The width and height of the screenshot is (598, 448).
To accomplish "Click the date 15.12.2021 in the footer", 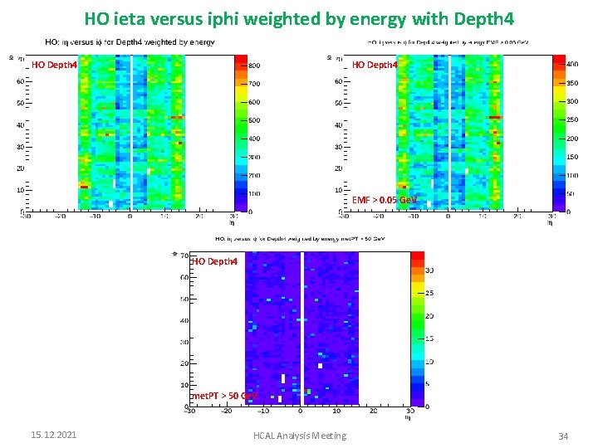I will (x=53, y=436).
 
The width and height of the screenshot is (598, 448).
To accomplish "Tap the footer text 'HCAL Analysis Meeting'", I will (x=301, y=436).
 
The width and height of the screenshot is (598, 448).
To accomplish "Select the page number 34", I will (x=562, y=436).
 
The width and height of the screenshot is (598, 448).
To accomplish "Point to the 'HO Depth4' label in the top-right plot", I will (x=374, y=65).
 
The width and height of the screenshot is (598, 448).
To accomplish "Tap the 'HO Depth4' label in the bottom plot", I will (x=214, y=261).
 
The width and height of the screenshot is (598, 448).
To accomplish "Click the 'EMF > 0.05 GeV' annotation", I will (x=384, y=200).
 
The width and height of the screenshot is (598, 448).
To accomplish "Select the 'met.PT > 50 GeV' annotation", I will (x=223, y=396).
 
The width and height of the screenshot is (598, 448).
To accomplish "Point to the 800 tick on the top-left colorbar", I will (x=256, y=66).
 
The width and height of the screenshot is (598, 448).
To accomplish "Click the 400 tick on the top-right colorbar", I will (x=572, y=64).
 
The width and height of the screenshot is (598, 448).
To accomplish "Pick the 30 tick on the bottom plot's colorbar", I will (x=429, y=270).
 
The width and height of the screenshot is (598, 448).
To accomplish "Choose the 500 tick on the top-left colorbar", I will (x=256, y=120).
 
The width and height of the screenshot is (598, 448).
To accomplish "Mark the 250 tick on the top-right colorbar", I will (x=572, y=119).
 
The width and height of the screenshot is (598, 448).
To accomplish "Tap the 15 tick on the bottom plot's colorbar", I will (x=429, y=338).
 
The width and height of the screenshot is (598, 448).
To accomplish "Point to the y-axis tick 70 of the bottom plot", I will (x=184, y=256).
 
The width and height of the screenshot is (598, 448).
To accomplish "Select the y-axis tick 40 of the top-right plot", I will (x=339, y=125).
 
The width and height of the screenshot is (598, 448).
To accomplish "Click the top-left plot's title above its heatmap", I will (x=130, y=41).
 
